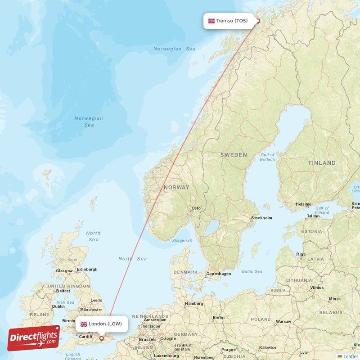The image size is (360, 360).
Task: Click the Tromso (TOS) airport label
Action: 231,21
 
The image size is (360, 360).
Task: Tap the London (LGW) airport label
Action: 105,324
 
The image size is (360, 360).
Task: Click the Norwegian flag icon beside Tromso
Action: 211,21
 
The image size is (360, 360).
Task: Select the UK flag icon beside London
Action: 84,324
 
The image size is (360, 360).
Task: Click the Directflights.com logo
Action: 34,338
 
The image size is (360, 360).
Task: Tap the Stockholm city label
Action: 262,218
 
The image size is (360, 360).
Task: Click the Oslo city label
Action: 196,208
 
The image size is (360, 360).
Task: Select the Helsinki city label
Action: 303,204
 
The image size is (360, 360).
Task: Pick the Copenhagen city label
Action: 218,274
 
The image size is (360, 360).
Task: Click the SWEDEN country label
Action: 234,155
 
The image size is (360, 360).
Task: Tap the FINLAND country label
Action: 322,163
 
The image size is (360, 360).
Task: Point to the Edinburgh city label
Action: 87,270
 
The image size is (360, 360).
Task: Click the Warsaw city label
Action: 283,322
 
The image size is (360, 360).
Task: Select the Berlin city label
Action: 218,318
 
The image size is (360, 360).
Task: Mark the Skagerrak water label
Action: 182,241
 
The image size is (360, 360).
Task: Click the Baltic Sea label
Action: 252,271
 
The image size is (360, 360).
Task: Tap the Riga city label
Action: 301,254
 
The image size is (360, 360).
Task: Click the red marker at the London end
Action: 102,338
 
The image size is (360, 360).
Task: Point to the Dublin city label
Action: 58,306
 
